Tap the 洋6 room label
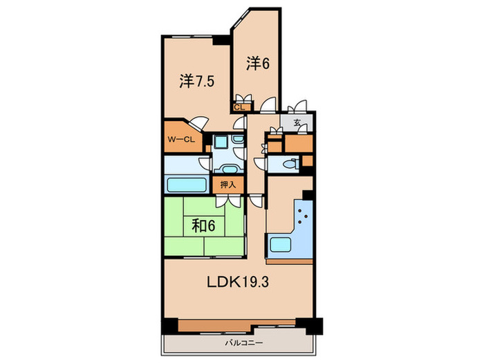coord(257,63)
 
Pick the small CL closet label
coord(240,107)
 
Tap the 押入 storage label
coord(227,185)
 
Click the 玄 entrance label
coord(296,123)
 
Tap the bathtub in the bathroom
coord(186,185)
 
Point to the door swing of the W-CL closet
coord(198,123)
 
